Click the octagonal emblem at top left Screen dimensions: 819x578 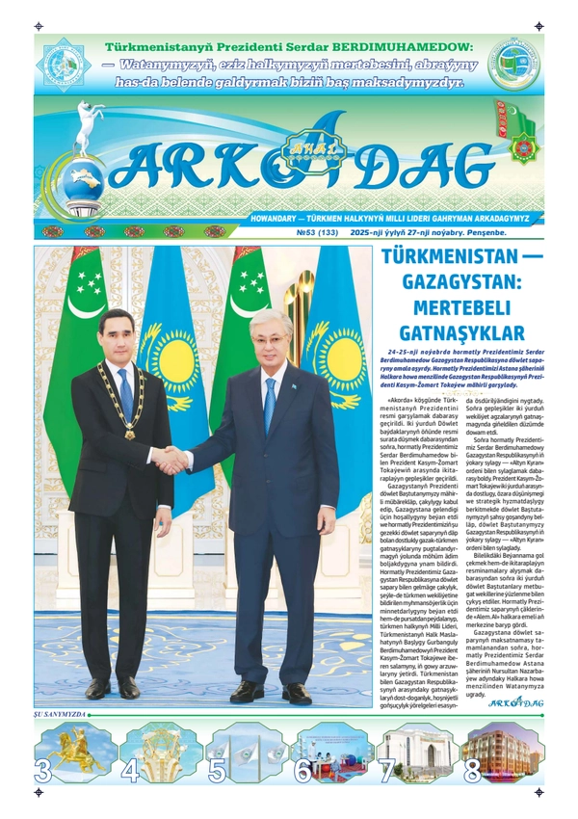point(64,66)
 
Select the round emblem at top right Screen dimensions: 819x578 point(513,65)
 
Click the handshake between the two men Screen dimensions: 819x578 point(172,460)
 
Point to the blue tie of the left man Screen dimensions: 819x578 point(126,394)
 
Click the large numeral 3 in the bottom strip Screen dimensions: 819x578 point(43,771)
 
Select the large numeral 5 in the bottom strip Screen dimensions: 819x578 point(218,771)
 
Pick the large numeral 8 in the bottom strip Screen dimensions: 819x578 point(472,771)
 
